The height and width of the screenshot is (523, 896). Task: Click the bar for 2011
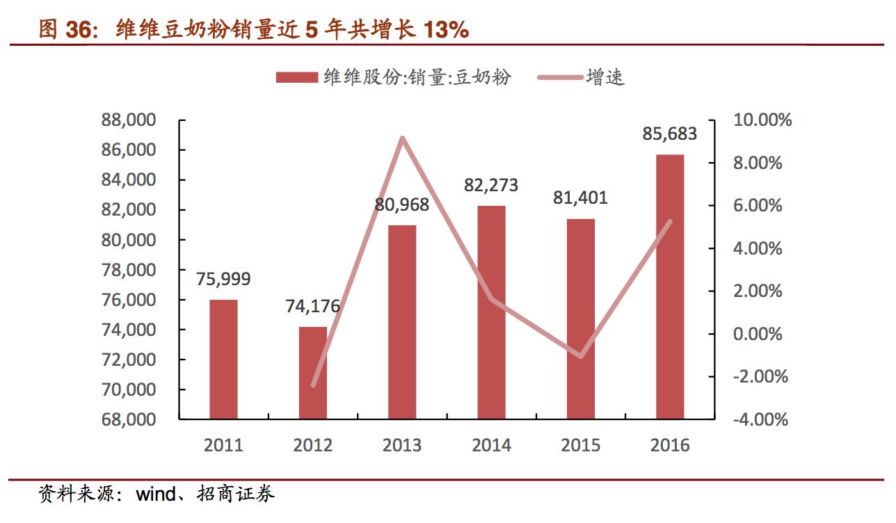[223, 360]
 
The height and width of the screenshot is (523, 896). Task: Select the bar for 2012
[312, 373]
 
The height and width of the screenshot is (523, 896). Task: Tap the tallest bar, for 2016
[670, 287]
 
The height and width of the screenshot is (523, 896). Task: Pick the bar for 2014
[491, 312]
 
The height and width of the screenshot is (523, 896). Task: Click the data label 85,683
[669, 133]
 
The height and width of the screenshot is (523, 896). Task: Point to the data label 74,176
[312, 306]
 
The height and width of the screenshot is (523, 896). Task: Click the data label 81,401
[580, 198]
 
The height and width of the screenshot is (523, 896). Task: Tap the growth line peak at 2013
[402, 138]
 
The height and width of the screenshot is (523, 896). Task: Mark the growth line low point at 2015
[580, 356]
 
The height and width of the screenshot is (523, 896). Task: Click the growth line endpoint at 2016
[670, 221]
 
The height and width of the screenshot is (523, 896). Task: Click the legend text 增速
[605, 77]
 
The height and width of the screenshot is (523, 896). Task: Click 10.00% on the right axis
[762, 120]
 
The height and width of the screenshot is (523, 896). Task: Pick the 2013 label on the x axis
[401, 445]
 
